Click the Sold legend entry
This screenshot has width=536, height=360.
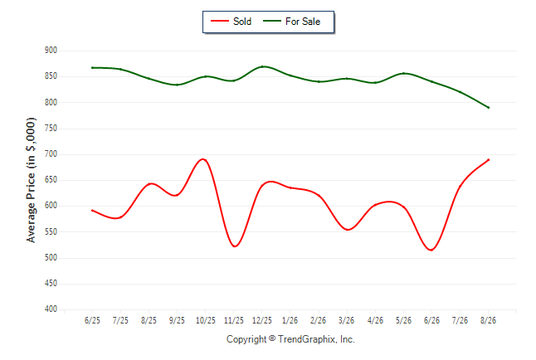coord(231,22)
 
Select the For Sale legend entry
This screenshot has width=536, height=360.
coord(291,22)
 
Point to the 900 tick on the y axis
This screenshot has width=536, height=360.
coord(51,51)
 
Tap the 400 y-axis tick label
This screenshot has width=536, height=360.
coord(51,309)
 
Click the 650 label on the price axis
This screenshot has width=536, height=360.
coord(51,180)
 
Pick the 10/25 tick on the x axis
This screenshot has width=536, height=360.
coord(206,320)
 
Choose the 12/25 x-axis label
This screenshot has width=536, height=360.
coord(262,320)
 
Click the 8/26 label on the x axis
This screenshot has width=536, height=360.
coord(488,320)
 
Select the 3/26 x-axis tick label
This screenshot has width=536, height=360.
coord(347,320)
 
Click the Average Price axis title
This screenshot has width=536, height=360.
coord(31,180)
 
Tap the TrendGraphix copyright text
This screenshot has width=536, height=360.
coord(290,339)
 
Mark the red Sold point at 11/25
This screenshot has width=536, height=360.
coord(234,246)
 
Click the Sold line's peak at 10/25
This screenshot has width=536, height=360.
coord(204,159)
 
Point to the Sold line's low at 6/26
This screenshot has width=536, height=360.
coord(431,250)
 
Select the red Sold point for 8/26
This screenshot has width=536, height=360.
coord(489,159)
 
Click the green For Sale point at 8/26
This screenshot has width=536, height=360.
coord(489,108)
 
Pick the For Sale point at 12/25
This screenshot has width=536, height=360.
coord(262,66)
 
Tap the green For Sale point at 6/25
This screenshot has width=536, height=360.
coord(92,68)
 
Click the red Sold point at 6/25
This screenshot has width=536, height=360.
coord(92,210)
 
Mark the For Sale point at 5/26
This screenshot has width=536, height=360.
coord(404,73)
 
